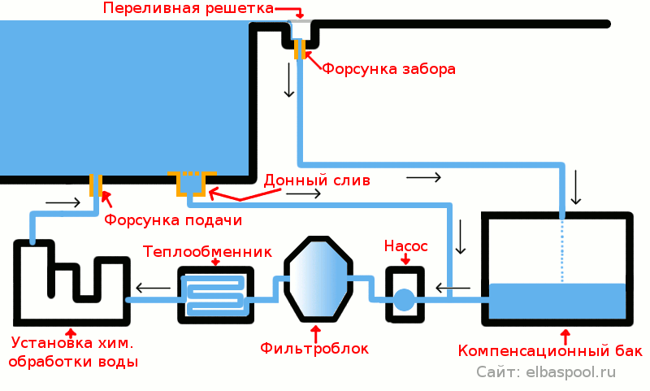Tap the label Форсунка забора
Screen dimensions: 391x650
388,69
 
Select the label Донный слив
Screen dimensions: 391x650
317,179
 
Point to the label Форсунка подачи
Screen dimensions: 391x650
173,220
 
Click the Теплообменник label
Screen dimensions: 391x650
207,250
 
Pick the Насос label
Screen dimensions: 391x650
405,245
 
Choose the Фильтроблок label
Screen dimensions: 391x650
314,349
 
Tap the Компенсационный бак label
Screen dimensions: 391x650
550,351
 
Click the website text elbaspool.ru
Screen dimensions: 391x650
571,372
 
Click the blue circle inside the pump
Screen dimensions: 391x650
404,300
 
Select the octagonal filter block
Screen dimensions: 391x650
318,279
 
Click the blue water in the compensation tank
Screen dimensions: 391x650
557,301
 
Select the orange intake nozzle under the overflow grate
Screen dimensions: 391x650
299,50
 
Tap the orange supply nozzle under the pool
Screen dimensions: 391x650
96,185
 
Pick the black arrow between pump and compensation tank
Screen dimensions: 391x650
453,287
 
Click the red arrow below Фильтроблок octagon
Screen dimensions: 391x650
315,332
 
